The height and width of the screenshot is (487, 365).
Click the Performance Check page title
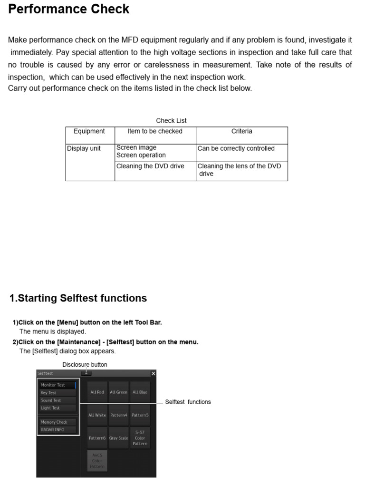tap(69, 10)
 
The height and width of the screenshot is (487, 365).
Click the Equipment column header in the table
tap(89, 131)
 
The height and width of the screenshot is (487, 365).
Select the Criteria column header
tap(241, 131)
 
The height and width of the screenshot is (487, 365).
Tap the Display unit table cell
tap(84, 148)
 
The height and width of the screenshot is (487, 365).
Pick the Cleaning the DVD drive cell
tap(150, 166)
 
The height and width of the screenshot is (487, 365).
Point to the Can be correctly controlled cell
tap(236, 148)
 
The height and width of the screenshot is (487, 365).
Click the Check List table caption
tap(171, 121)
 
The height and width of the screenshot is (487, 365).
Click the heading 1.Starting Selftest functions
tap(78, 298)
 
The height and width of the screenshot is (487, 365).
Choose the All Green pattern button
tap(118, 392)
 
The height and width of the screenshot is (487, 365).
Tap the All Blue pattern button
tap(140, 392)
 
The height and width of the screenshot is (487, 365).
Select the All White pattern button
tap(97, 415)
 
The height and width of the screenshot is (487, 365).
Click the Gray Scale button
tap(118, 438)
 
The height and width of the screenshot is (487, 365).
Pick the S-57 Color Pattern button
tap(140, 438)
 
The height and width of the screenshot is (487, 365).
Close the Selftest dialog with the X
tap(153, 374)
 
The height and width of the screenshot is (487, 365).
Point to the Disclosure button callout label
tap(85, 365)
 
